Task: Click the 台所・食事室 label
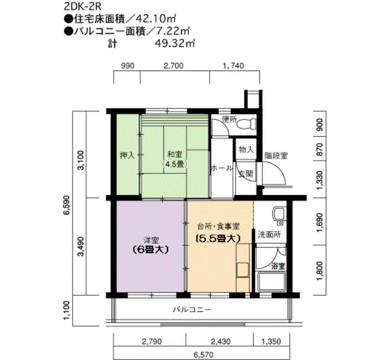218,226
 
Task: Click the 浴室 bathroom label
278,266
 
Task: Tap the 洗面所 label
269,235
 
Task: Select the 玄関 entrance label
246,173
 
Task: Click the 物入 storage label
246,150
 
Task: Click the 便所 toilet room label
229,119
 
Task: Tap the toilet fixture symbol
244,125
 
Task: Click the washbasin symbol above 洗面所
278,215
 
